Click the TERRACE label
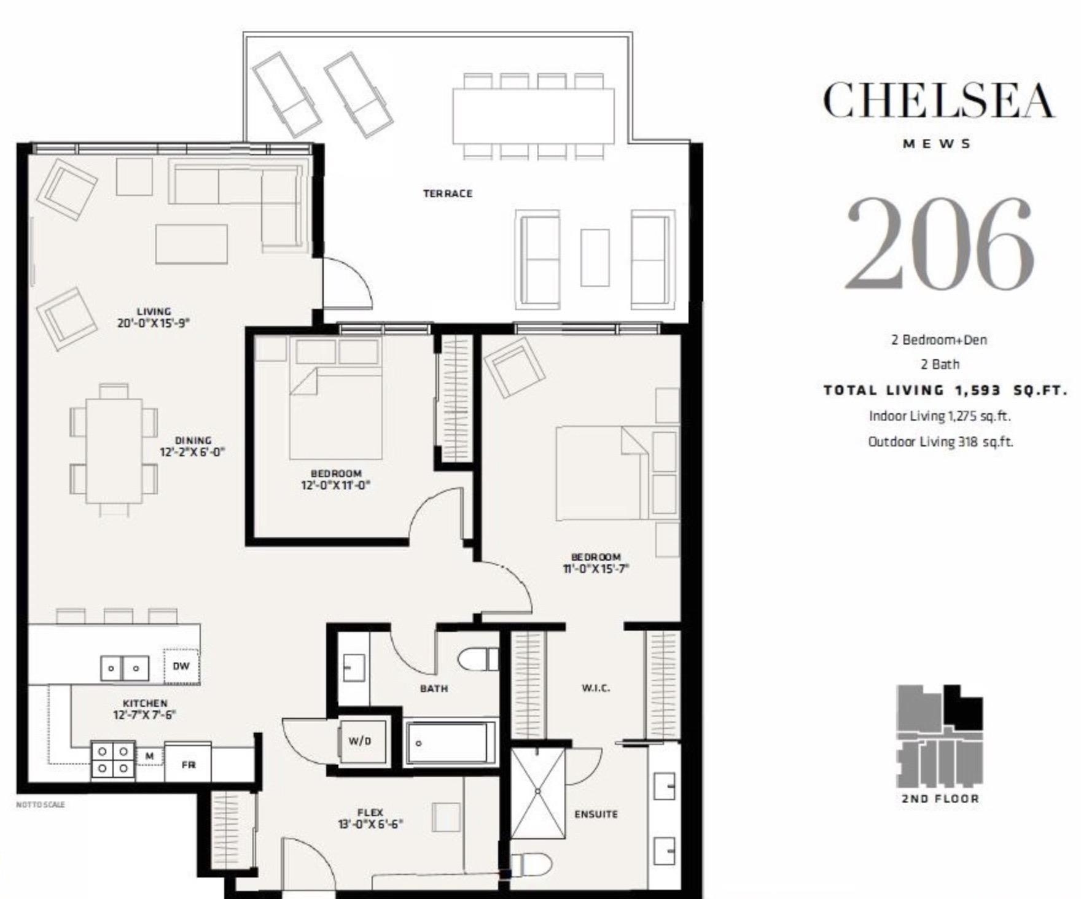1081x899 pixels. (448, 193)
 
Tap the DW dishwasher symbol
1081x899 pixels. (181, 666)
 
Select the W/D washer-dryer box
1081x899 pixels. (359, 741)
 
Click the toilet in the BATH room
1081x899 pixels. (478, 660)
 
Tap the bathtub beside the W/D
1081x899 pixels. (450, 743)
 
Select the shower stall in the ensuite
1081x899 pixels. (537, 793)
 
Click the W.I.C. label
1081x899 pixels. (595, 688)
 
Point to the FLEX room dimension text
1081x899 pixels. (370, 825)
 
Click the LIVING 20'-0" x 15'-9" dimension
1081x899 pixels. (154, 323)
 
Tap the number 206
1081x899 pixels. (940, 244)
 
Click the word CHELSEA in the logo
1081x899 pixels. (938, 101)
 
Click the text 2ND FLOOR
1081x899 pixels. (940, 799)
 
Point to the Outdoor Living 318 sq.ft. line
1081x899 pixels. (940, 442)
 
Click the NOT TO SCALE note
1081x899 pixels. (40, 804)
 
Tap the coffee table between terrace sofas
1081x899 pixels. (595, 258)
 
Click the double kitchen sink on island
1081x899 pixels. (125, 668)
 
